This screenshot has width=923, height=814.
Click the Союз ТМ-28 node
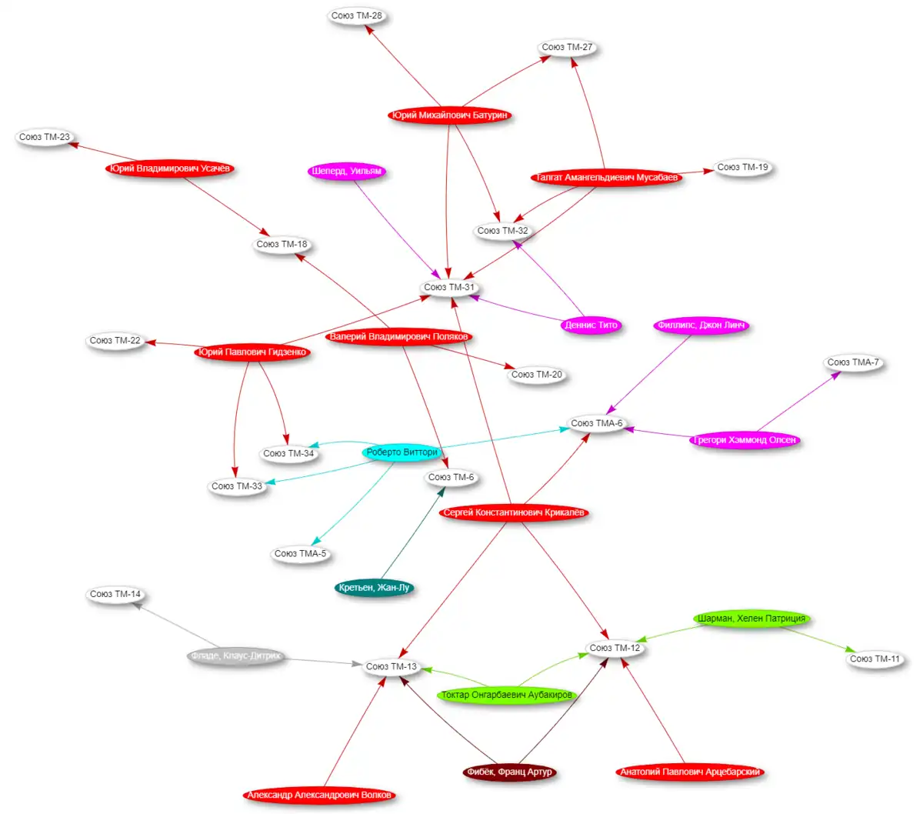coord(357,16)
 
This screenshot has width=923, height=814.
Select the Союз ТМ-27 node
coord(567,48)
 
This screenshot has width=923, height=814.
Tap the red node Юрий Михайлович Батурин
coord(449,115)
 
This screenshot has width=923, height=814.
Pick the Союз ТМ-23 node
coord(45,137)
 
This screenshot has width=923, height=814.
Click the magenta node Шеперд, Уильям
coord(346,171)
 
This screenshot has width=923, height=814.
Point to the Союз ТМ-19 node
coord(742,167)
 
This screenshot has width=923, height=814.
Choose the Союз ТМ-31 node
coord(450,287)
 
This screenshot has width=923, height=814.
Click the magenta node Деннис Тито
coord(591,325)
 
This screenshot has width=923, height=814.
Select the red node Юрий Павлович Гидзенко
coord(252,352)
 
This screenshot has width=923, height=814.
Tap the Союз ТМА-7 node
coord(853,362)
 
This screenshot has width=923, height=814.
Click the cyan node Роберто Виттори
coord(402,452)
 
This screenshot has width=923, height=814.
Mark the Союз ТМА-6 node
coord(597,423)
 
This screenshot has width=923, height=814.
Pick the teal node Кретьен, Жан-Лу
coord(375,588)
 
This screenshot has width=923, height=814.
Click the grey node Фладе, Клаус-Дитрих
coord(236,656)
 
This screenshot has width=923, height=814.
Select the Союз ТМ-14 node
coord(115,594)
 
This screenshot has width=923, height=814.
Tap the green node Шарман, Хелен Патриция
coord(751,619)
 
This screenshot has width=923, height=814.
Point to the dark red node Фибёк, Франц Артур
coord(509,772)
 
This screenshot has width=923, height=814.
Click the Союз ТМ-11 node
coord(875,659)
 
